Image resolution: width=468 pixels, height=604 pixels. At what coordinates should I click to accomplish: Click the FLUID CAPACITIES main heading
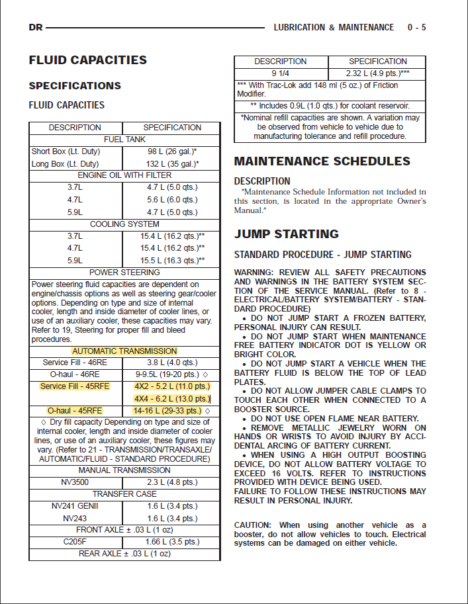(x=87, y=60)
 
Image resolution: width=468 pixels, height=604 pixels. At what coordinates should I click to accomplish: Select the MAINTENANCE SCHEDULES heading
(x=322, y=161)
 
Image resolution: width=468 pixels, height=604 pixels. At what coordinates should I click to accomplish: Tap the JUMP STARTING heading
(x=286, y=234)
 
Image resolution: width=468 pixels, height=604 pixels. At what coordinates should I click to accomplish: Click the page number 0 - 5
(x=416, y=28)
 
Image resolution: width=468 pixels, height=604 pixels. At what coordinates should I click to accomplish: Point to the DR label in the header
(x=36, y=28)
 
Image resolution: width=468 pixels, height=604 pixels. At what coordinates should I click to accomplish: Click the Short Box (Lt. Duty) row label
(x=65, y=151)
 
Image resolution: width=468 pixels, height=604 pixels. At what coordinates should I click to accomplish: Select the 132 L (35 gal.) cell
(x=172, y=163)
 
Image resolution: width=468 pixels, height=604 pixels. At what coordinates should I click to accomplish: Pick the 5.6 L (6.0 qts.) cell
(x=172, y=200)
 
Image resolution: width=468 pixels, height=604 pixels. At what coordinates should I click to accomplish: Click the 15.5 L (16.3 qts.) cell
(x=172, y=261)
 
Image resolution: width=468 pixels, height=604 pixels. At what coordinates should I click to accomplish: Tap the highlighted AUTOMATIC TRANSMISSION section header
(x=124, y=351)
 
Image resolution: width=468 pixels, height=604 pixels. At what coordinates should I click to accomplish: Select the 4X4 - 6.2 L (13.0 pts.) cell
(x=172, y=398)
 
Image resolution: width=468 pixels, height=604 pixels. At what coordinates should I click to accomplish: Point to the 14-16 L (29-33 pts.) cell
(x=171, y=411)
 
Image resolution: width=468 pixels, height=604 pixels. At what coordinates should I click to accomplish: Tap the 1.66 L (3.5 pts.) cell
(x=172, y=542)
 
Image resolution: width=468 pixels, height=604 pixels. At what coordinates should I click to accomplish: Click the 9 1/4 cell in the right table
(x=281, y=73)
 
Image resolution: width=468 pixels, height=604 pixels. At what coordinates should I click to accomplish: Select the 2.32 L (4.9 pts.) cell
(x=377, y=73)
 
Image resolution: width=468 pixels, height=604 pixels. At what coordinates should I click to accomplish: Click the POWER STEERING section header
(x=124, y=273)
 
